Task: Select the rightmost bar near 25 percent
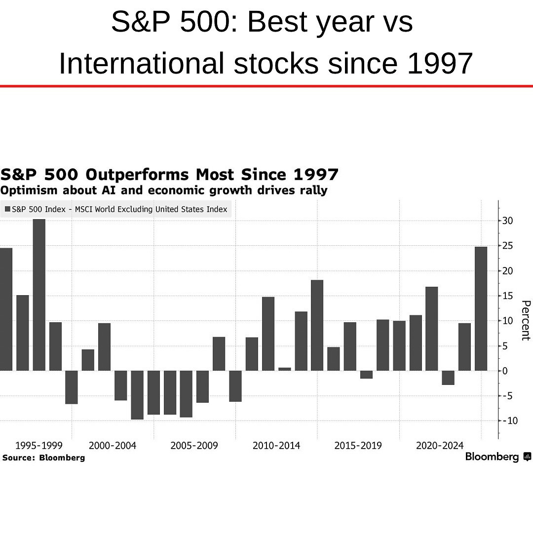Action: pos(481,308)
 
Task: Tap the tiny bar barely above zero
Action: pos(285,369)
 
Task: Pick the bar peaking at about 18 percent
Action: pos(317,325)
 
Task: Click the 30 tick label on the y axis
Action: pos(507,221)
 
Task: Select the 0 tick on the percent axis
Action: pos(504,371)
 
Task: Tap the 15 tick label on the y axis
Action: pos(507,296)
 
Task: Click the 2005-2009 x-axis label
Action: pos(194,446)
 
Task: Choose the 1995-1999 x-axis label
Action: pos(39,446)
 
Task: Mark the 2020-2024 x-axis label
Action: pos(440,446)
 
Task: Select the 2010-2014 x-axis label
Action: pos(276,446)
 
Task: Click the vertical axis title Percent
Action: pos(525,320)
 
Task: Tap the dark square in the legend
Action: pos(7,209)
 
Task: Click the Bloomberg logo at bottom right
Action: pos(498,457)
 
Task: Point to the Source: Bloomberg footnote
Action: pos(43,458)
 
